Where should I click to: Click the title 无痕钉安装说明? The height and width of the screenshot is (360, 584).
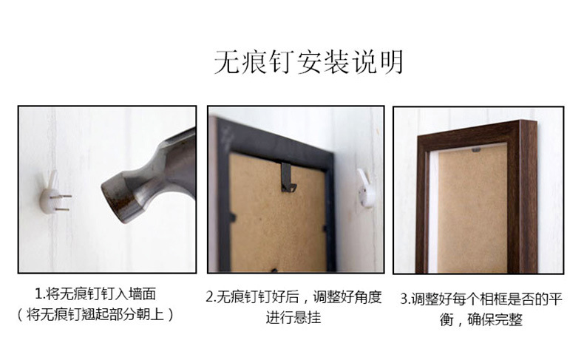pos(309,62)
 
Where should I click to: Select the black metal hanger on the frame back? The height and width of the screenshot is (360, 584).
pos(288,177)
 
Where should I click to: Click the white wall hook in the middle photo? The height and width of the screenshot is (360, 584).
pos(366,188)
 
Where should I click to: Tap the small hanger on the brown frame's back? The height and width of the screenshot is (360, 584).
pos(476,150)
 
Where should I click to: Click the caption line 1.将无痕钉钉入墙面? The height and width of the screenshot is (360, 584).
pos(95,294)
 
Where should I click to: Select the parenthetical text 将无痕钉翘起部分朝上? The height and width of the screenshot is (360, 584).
pos(95,315)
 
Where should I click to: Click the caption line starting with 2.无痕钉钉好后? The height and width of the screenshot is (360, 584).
pos(294,297)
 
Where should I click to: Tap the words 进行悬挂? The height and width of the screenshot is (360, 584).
pos(293,318)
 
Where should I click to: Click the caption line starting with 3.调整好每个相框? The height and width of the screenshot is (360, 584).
pos(481,299)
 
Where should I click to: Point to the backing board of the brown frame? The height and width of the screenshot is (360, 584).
pos(472,208)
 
